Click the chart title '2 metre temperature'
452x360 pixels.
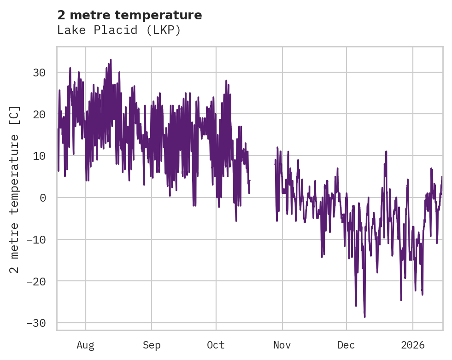(x=129, y=15)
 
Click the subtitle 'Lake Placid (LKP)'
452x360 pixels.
(x=118, y=30)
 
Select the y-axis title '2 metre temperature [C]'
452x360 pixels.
(x=15, y=189)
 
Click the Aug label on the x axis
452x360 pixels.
(x=86, y=345)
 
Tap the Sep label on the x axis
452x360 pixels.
(x=151, y=345)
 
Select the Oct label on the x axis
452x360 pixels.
(x=216, y=345)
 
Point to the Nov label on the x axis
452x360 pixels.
(x=282, y=345)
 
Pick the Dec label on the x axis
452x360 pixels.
(x=346, y=345)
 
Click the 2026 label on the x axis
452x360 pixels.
(x=413, y=345)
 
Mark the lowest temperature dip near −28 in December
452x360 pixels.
(x=364, y=316)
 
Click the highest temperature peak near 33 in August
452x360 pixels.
(x=111, y=60)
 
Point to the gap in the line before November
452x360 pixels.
(x=262, y=175)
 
